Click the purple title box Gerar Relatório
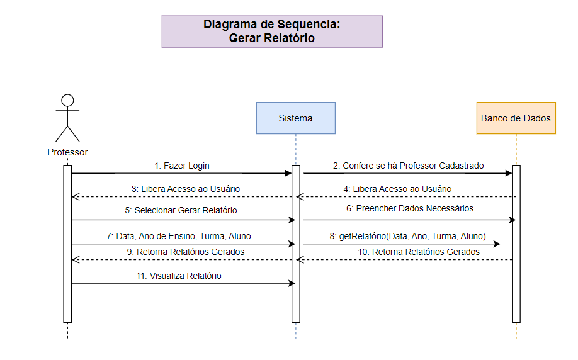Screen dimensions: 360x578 pyautogui.click(x=272, y=31)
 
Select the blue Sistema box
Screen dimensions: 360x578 pyautogui.click(x=295, y=118)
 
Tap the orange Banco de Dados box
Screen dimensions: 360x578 pyautogui.click(x=516, y=118)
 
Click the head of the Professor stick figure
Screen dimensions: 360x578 pyautogui.click(x=67, y=101)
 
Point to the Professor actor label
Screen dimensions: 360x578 pyautogui.click(x=67, y=152)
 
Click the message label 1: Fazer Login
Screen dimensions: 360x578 pyautogui.click(x=182, y=166)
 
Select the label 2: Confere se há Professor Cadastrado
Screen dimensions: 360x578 pyautogui.click(x=409, y=166)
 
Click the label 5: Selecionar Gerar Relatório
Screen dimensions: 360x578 pyautogui.click(x=181, y=211)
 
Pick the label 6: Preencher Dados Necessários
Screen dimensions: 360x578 pyautogui.click(x=410, y=208)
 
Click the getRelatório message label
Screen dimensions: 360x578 pyautogui.click(x=407, y=236)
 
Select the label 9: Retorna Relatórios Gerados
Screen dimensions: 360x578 pyautogui.click(x=181, y=252)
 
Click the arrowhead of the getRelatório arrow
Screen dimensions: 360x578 pyautogui.click(x=497, y=244)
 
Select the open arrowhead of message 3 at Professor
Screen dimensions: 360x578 pyautogui.click(x=75, y=196)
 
